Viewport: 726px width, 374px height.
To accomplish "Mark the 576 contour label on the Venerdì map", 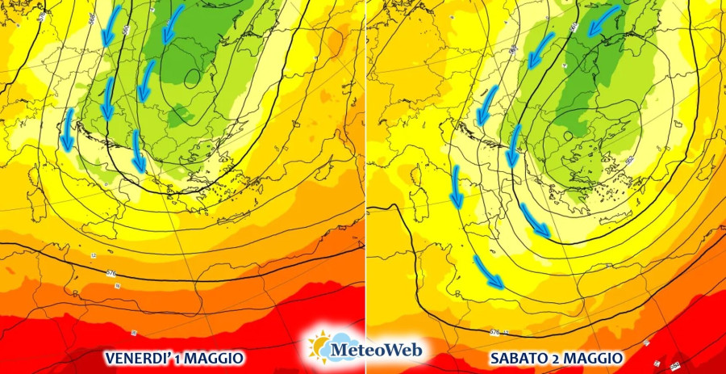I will (x=111, y=274).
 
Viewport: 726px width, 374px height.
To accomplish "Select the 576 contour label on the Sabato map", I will (x=494, y=332).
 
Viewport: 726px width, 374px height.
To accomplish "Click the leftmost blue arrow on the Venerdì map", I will (x=67, y=130).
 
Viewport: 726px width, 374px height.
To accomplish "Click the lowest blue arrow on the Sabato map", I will (x=489, y=272).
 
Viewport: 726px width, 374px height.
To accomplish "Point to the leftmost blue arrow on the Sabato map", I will (x=455, y=187).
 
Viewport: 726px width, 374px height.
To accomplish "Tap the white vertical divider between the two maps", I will (x=365, y=162).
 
